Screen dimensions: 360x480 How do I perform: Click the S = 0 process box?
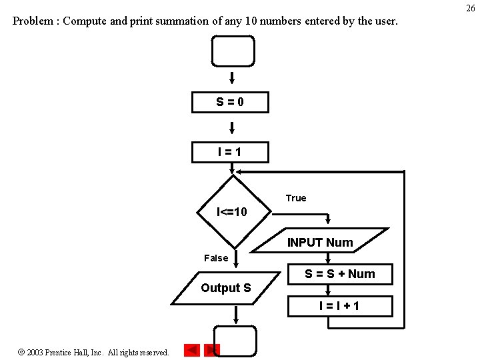tap(230, 102)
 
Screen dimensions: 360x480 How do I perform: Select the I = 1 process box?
tap(230, 152)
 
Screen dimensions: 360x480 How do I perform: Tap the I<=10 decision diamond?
tap(233, 212)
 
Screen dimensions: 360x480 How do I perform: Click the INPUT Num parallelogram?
tap(320, 242)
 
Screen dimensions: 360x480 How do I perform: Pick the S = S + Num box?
tap(340, 274)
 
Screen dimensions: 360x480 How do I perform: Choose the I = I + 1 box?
tap(340, 306)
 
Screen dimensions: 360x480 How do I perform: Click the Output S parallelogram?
tap(226, 288)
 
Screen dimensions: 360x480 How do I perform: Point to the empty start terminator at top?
tap(233, 51)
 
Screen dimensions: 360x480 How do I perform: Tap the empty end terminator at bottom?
tap(235, 341)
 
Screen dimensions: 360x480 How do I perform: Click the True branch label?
tap(296, 198)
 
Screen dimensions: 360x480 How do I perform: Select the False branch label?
tap(216, 258)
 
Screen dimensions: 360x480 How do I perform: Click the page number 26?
tap(470, 7)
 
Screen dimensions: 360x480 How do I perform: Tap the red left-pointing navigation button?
tap(191, 350)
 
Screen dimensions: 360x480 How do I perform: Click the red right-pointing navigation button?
tap(212, 350)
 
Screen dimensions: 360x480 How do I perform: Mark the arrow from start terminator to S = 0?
tap(232, 79)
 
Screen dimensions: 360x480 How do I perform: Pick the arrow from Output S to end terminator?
tap(235, 315)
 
